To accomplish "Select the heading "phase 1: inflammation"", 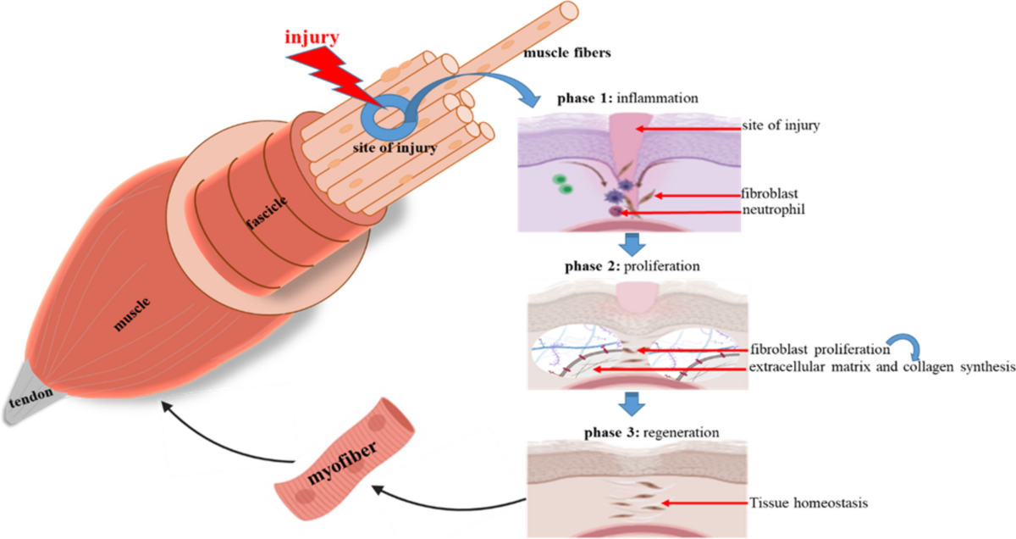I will pos(627,97).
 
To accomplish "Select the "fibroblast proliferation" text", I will pos(817,348).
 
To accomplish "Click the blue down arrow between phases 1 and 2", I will pos(629,245).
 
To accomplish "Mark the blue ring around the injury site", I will pos(382,117).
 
